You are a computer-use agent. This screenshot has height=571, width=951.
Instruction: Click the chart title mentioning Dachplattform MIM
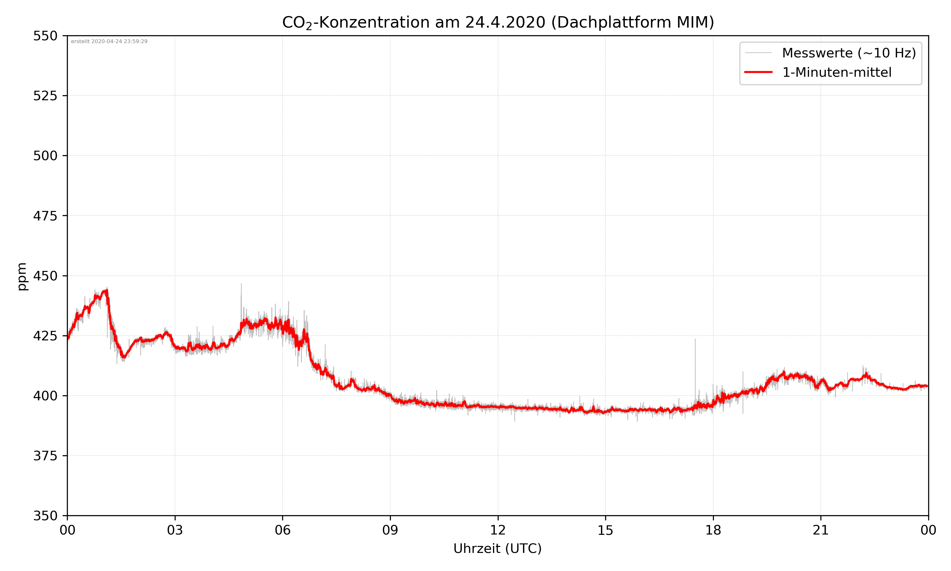point(498,22)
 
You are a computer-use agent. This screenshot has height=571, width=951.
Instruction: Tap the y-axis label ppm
point(22,276)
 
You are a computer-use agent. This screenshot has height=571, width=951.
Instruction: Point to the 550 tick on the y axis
point(45,36)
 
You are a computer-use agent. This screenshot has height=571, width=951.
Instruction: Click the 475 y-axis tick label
point(45,216)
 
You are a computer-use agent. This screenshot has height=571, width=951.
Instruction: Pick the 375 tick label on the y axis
point(45,456)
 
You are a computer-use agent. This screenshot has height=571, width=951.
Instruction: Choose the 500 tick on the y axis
point(45,156)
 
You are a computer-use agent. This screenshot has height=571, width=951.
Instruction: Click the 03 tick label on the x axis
point(175,530)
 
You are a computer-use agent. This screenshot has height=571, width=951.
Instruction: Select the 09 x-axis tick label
point(390,530)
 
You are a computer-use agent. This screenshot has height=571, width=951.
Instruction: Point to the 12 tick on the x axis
point(498,530)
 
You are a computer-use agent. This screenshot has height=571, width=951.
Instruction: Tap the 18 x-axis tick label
point(713,530)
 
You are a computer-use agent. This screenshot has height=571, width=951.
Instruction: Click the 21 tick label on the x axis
point(821,530)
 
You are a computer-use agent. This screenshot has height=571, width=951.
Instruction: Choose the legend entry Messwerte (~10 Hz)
point(849,53)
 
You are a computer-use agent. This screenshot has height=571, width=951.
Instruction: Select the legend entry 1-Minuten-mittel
point(837,72)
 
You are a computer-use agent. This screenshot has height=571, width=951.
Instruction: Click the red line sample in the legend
point(758,72)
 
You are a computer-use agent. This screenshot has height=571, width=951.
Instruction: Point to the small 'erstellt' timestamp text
point(109,42)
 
